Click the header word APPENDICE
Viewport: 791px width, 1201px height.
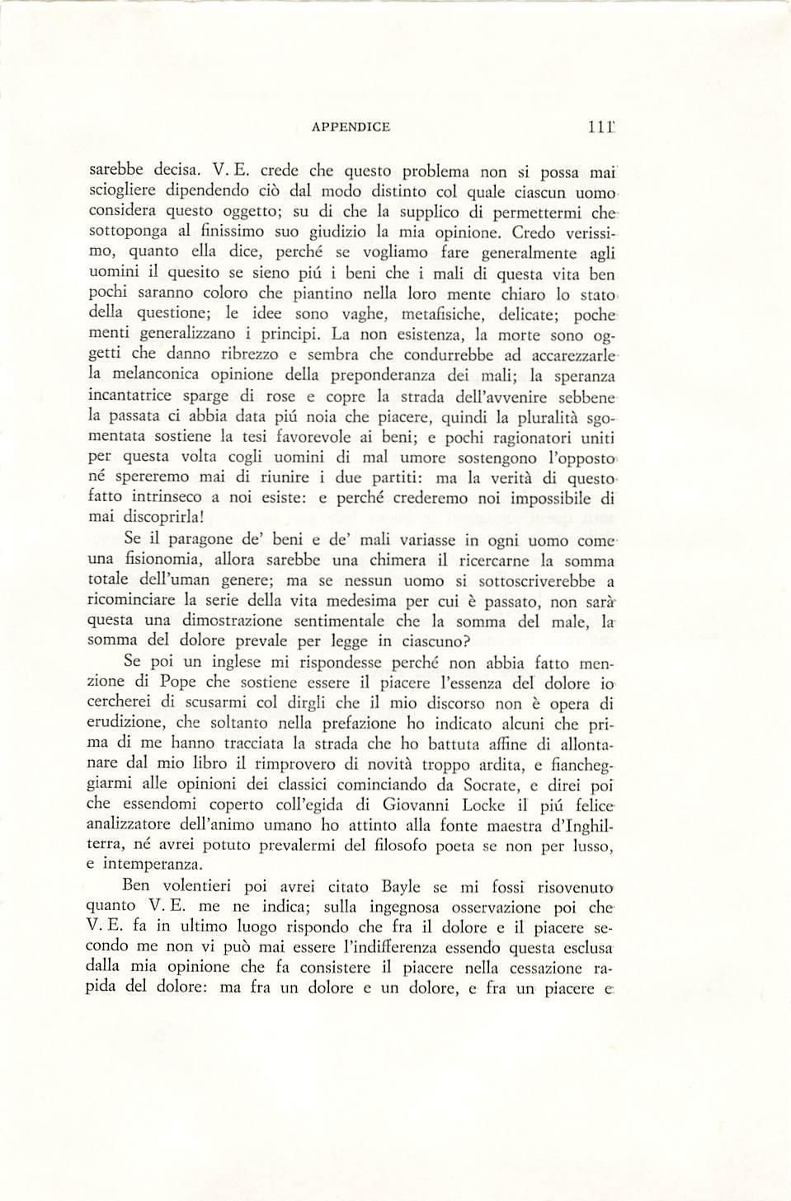coord(351,127)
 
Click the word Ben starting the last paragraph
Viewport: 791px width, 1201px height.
coord(136,886)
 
